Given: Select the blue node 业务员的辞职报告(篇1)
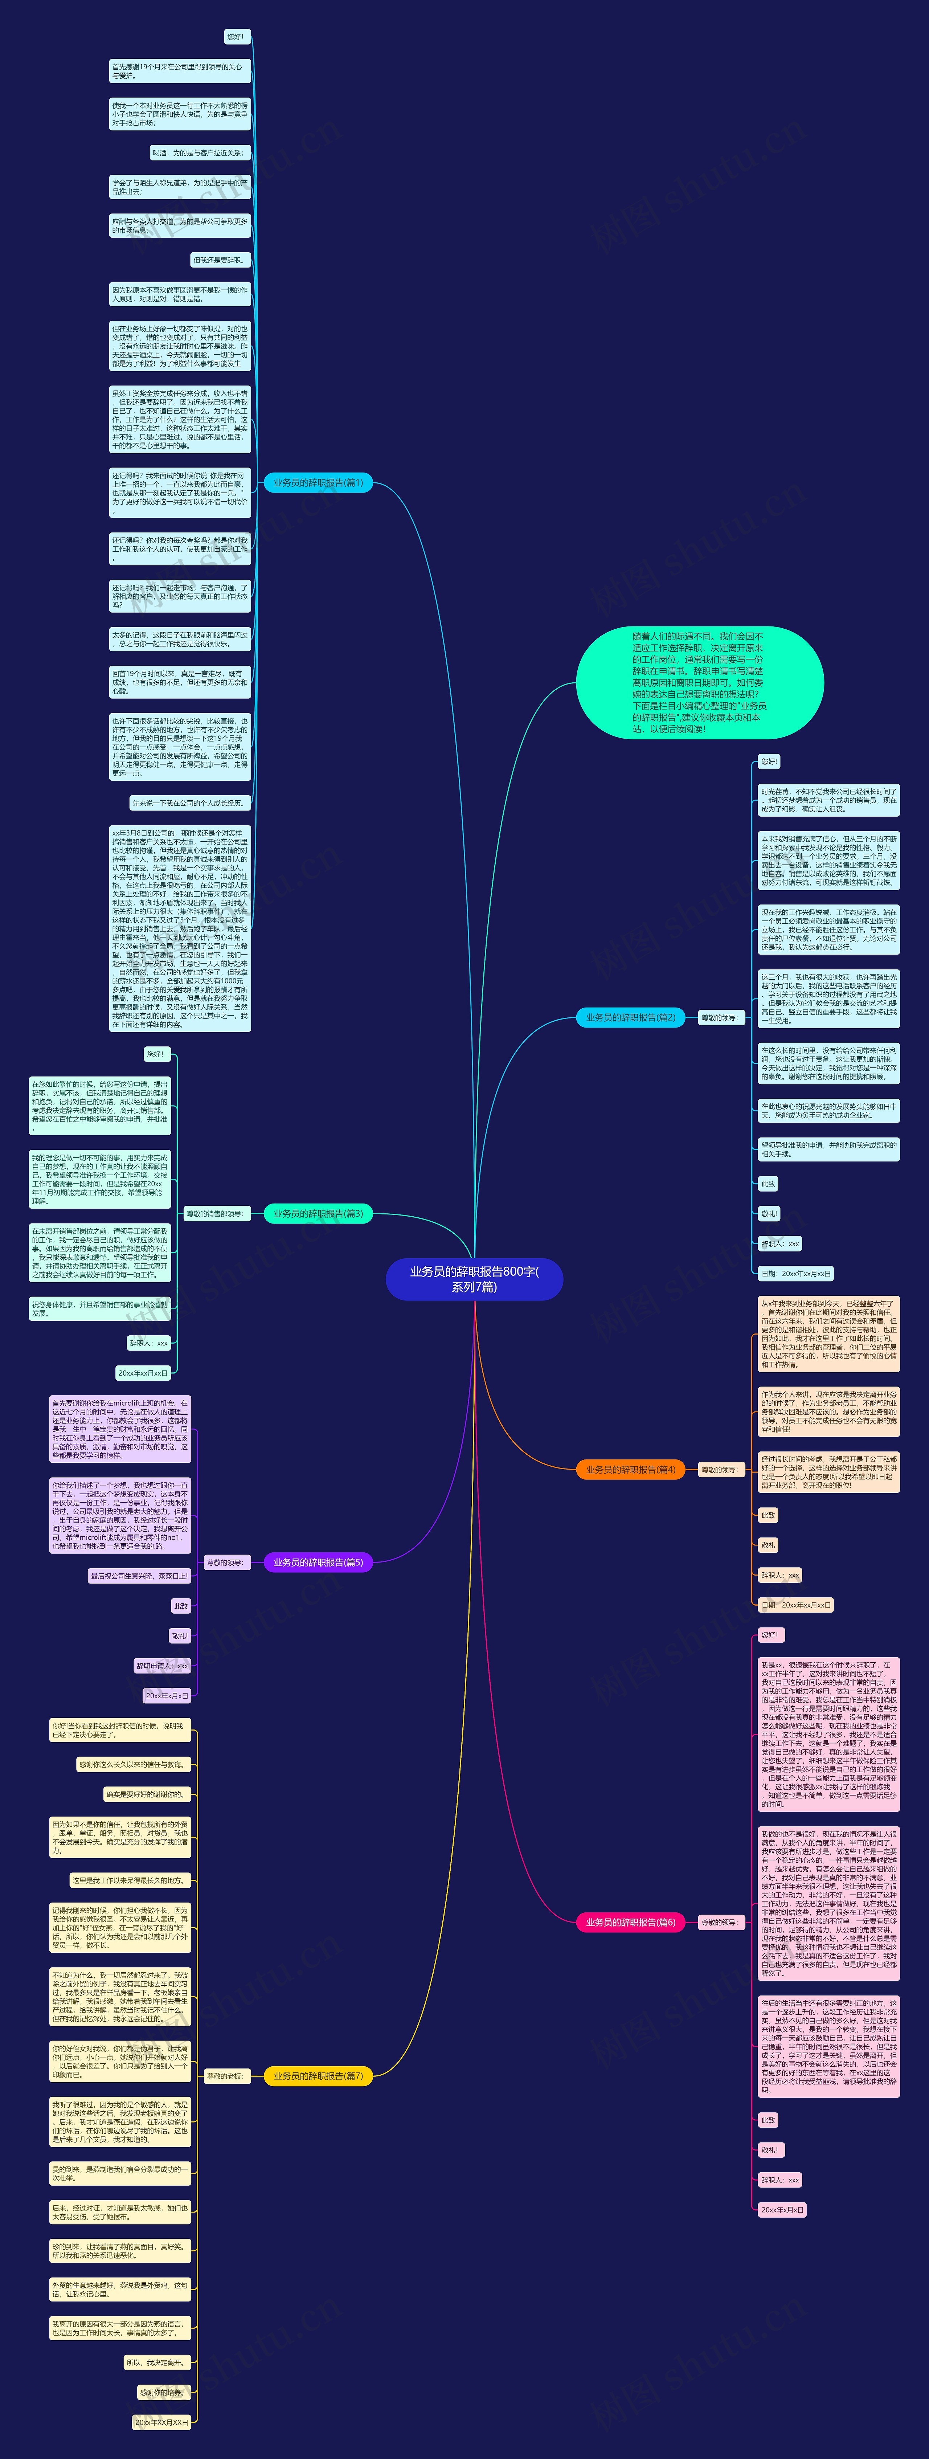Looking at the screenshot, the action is [x=318, y=483].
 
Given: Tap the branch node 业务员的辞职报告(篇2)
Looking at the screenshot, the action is [x=630, y=1018].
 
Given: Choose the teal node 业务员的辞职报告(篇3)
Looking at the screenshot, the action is [x=318, y=1214].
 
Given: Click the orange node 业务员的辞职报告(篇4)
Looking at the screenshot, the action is [x=630, y=1470].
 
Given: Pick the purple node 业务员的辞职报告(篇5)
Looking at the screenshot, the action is [x=318, y=1563].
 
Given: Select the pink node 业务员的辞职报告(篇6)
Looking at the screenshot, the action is [x=630, y=1923].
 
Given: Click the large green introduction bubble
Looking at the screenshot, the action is [x=699, y=682].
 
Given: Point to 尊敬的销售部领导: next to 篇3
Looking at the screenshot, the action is [x=215, y=1214].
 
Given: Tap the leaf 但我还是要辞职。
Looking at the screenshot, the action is [x=220, y=260].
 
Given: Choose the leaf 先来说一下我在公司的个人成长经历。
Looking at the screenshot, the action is [x=189, y=803].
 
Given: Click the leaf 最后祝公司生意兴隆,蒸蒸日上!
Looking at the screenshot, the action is [x=139, y=1576].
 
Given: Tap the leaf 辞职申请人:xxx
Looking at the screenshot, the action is [x=162, y=1666].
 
